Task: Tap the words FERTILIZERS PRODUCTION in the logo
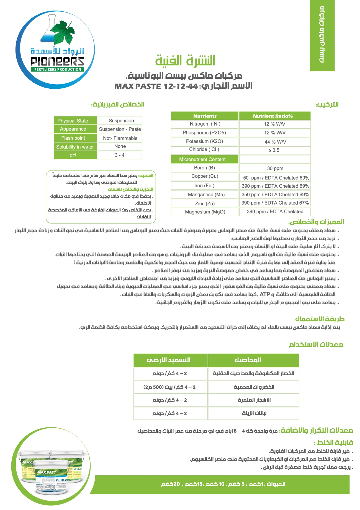pos(58,69)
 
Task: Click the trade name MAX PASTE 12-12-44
pos(156,86)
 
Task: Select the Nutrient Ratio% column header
pos(274,116)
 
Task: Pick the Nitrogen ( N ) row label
pos(205,124)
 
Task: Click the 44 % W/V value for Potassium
pos(275,142)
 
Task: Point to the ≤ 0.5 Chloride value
pos(274,150)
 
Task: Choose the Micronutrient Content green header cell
pos(205,159)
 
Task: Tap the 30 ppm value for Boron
pos(275,168)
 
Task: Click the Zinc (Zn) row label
pos(205,203)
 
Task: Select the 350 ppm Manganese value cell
pos(275,195)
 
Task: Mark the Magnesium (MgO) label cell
pos(205,212)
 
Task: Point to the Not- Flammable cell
pos(120,138)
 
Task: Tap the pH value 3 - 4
pos(120,155)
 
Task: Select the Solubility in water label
pos(75,147)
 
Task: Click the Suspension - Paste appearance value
pos(120,129)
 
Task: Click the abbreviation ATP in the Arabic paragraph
pos(265,294)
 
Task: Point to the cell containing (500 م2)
pos(170,387)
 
